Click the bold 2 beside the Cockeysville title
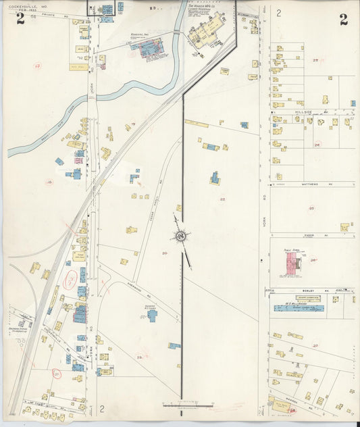[x=20, y=19]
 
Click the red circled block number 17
[x=38, y=66]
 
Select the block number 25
[x=311, y=208]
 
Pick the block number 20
[x=163, y=253]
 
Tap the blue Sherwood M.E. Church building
[x=152, y=314]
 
